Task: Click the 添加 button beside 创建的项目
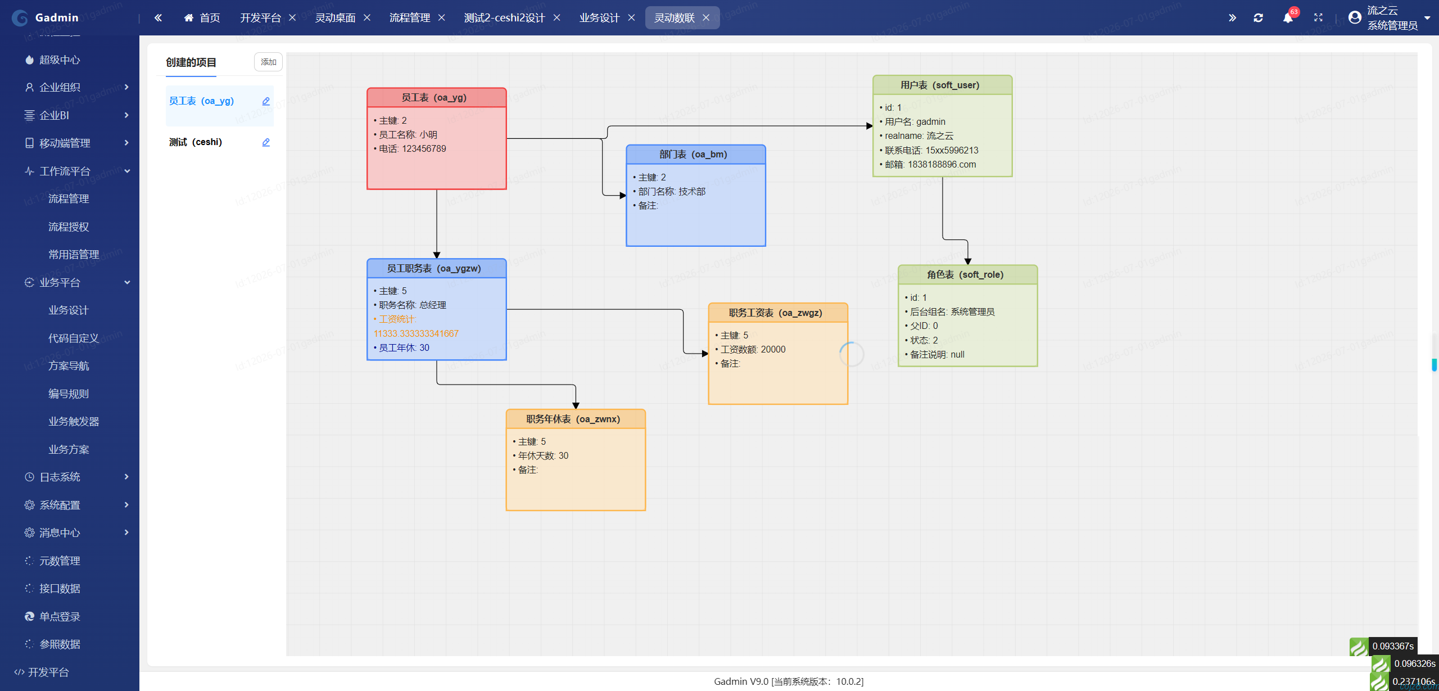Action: click(268, 62)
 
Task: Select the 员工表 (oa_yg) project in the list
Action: click(201, 101)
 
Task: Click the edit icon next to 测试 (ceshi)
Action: click(266, 142)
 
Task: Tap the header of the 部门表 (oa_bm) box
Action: click(696, 155)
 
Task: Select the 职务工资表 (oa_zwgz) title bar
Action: click(778, 313)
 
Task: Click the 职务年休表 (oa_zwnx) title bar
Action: click(576, 419)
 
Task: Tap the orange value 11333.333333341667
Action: click(416, 333)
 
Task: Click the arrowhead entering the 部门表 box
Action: click(623, 196)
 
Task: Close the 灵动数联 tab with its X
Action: click(706, 18)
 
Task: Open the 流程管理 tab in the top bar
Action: click(410, 18)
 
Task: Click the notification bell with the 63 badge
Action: click(1288, 18)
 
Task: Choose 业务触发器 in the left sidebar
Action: click(74, 422)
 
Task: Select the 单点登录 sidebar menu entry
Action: click(60, 617)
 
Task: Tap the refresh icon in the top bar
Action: click(1258, 18)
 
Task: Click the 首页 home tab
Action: click(202, 18)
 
